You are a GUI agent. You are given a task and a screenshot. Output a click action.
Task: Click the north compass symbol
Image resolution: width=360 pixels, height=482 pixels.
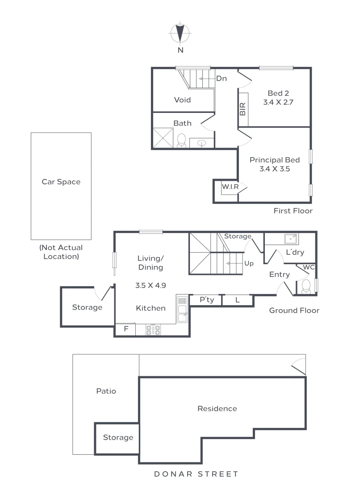click(x=180, y=33)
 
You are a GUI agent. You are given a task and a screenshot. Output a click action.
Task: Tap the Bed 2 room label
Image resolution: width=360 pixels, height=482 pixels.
click(x=278, y=93)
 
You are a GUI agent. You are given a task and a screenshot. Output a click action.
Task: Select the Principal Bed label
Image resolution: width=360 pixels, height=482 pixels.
click(x=274, y=160)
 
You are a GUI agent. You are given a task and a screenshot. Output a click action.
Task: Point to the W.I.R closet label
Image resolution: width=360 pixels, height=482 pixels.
click(x=230, y=187)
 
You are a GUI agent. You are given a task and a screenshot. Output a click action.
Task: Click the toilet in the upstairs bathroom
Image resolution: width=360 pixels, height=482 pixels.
click(x=181, y=141)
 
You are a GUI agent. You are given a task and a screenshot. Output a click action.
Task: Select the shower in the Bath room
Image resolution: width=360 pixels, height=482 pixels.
click(x=163, y=137)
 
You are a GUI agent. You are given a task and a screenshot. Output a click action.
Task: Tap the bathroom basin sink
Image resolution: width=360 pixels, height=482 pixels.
click(x=202, y=143)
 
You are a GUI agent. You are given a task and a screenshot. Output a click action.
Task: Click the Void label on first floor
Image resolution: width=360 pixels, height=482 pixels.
click(x=182, y=100)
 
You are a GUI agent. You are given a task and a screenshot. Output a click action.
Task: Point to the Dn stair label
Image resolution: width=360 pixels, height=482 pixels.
click(x=221, y=79)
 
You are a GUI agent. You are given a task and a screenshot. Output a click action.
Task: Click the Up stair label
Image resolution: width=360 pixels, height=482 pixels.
click(x=249, y=263)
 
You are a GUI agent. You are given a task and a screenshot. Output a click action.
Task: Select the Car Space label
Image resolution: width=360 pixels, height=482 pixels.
click(x=61, y=182)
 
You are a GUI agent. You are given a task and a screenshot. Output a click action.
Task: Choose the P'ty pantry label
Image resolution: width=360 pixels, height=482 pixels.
click(x=206, y=300)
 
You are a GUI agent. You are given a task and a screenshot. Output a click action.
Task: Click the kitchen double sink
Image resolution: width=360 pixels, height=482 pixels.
click(x=182, y=309)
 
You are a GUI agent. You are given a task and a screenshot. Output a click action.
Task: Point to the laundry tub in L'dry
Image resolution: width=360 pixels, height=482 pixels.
click(x=291, y=239)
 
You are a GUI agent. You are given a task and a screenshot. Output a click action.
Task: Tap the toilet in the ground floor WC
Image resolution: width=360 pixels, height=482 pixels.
click(x=306, y=287)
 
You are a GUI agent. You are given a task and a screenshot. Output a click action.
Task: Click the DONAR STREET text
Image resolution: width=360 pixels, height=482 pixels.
click(x=196, y=474)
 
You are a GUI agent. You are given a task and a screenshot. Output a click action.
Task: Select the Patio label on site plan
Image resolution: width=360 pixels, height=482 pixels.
click(x=106, y=391)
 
